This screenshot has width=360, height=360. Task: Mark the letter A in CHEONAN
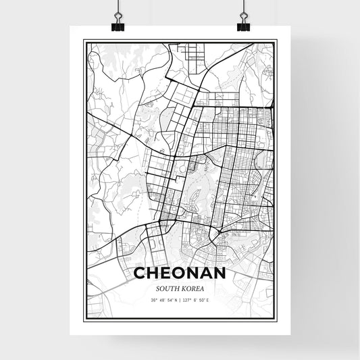tap(206, 274)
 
